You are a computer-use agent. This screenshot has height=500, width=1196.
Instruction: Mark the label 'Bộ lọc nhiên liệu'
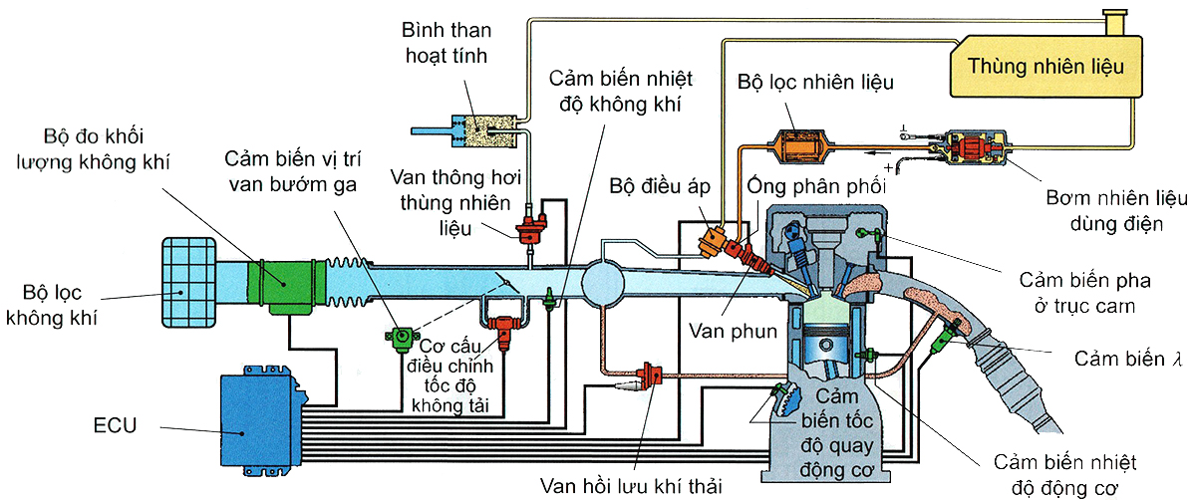[x=815, y=82]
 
